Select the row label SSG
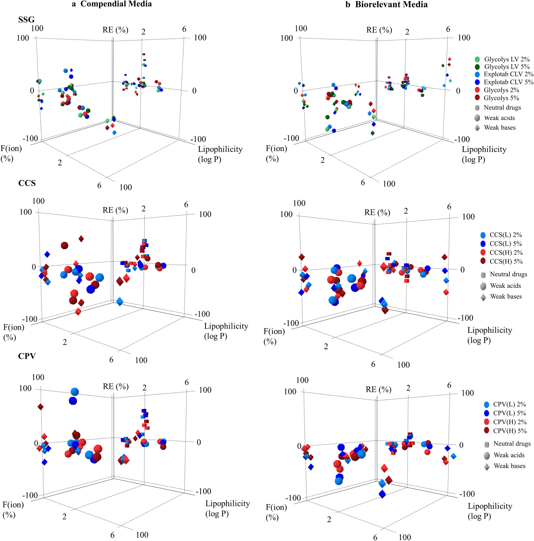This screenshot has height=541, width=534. point(26,20)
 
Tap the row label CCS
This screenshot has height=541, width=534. point(27,183)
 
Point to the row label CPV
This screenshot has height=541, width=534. point(27,356)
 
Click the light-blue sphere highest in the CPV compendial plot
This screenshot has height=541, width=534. point(74,392)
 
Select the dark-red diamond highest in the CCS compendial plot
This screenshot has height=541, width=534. point(81,239)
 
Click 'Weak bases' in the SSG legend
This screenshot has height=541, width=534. point(500,128)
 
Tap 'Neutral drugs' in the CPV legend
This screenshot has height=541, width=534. point(512,443)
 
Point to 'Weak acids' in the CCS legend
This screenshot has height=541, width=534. point(505,286)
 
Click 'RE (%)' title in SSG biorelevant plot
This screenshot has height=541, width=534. point(379,30)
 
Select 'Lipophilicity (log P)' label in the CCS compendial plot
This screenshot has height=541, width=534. point(226,331)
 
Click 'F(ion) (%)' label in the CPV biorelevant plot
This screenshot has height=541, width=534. point(276,512)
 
